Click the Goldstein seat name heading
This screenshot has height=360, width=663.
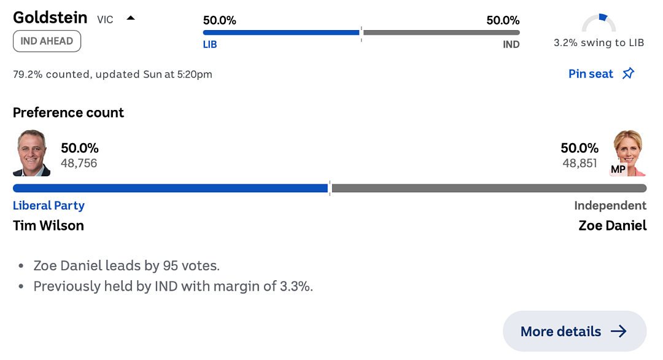[50, 18]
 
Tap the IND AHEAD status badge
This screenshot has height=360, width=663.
[47, 41]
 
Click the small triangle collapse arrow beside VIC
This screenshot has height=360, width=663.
[131, 18]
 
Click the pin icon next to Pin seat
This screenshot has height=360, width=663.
[629, 74]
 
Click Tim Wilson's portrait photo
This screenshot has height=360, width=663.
[32, 153]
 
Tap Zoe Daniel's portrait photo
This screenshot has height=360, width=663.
[629, 153]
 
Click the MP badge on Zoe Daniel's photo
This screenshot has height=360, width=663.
[618, 169]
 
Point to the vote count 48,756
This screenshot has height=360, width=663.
[79, 163]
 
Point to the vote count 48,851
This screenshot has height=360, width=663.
[580, 163]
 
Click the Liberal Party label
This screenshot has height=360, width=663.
[48, 206]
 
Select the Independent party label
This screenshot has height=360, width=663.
[610, 206]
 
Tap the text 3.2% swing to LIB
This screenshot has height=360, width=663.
[599, 43]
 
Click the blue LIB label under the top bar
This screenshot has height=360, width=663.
[210, 44]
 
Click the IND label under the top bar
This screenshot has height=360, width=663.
[511, 44]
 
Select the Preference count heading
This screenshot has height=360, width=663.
[69, 112]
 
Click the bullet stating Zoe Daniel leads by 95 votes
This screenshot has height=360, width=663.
[126, 265]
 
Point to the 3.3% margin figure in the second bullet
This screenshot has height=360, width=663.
[296, 286]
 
